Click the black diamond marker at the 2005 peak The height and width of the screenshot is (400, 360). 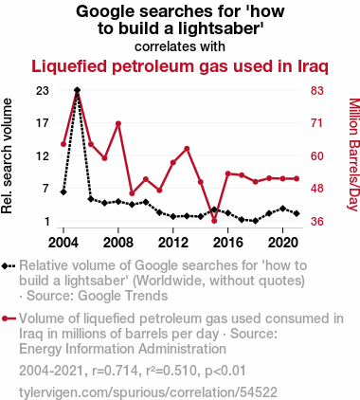tap(77, 90)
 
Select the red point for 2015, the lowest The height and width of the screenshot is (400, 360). tap(214, 221)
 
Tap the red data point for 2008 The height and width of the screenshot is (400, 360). tap(118, 123)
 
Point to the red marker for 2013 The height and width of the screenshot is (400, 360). tap(187, 149)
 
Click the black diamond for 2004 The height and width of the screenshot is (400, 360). tap(63, 191)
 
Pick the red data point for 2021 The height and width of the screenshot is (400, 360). tap(297, 179)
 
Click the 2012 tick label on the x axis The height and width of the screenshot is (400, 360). tap(173, 243)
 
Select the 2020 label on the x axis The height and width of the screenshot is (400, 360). tap(283, 243)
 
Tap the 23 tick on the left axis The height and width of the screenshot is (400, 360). tap(43, 91)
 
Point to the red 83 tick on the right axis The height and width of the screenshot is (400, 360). tap(317, 91)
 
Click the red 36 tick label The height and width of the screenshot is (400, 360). tap(317, 221)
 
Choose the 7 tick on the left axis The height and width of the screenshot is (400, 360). tap(46, 189)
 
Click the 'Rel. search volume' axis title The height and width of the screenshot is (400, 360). tap(7, 156)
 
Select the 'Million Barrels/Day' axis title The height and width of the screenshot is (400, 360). tap(353, 155)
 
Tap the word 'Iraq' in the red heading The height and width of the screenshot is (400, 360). tap(313, 67)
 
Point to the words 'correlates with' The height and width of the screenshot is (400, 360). tap(180, 46)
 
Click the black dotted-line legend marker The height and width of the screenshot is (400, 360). tap(9, 266)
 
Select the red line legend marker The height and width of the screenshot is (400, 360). tap(9, 318)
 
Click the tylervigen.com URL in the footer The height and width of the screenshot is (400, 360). tap(148, 392)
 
